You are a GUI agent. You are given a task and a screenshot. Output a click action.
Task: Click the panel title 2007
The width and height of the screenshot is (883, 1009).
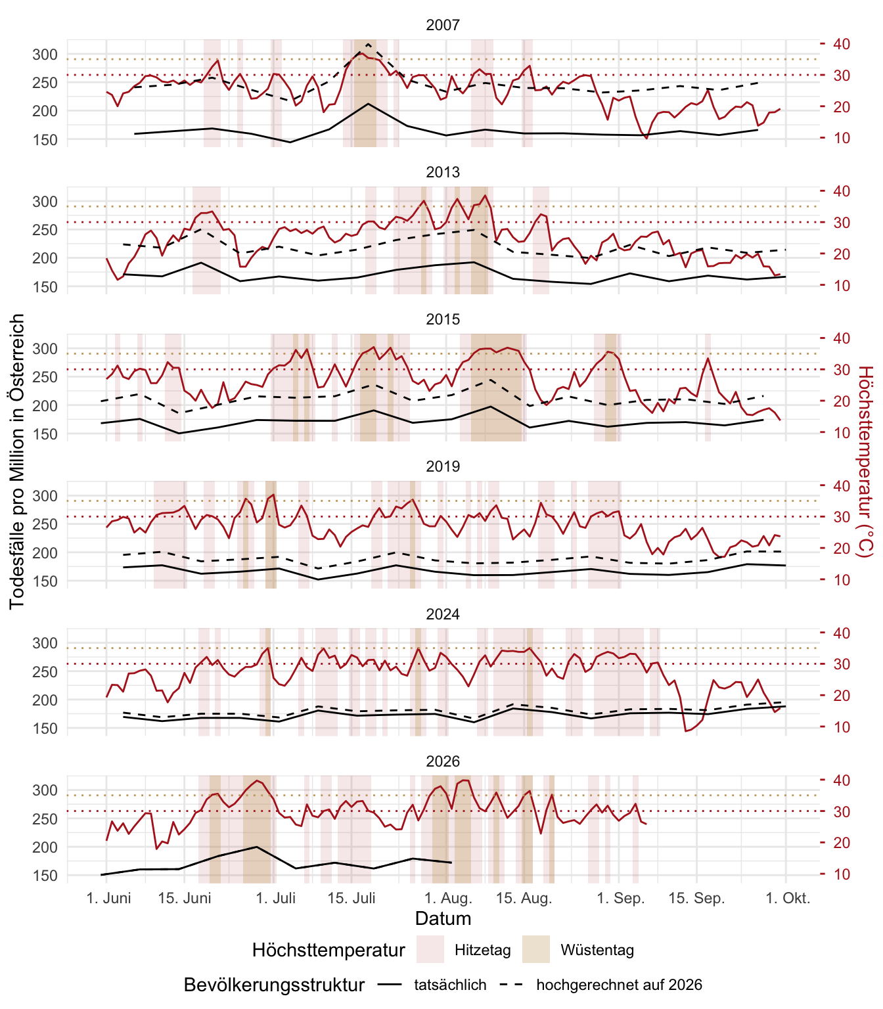[x=443, y=25]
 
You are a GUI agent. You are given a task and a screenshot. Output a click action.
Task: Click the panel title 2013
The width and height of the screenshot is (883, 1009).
[x=443, y=172]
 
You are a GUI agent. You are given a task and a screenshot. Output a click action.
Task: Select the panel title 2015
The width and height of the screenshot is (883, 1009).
[x=443, y=319]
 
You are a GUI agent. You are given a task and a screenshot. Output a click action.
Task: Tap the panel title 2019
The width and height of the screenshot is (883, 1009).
[x=443, y=466]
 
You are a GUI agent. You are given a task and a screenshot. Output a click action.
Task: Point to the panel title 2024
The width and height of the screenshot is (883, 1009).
[x=443, y=614]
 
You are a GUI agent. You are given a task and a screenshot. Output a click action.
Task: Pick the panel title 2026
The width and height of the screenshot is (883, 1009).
[x=443, y=761]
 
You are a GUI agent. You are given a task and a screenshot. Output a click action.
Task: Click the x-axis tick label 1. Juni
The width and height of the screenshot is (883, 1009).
[x=108, y=899]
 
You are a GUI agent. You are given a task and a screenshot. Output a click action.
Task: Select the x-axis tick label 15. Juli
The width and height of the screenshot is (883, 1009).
[x=351, y=899]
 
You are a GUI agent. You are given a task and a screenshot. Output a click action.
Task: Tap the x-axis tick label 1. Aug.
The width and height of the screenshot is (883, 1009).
[x=448, y=899]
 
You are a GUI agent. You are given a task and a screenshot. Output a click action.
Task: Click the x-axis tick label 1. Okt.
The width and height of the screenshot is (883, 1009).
[x=788, y=899]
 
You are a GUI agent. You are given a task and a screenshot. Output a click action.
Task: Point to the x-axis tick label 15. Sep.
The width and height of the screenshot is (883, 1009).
[x=696, y=899]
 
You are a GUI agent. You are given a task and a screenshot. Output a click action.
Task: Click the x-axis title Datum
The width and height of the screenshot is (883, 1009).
[x=443, y=918]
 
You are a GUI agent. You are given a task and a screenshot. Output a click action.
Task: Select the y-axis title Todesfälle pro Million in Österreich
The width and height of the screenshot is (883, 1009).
[x=16, y=462]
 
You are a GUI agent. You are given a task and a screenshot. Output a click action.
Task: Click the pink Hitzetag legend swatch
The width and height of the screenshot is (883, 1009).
[x=430, y=949]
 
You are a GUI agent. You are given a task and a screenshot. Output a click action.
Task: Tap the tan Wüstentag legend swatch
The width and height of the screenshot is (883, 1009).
[x=535, y=949]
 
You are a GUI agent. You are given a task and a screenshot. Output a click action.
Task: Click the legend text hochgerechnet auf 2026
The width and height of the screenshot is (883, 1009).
[x=619, y=985]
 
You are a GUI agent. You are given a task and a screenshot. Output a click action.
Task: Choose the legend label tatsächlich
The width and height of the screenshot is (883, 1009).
[x=450, y=985]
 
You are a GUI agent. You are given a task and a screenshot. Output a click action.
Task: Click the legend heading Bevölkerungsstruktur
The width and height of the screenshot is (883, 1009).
[x=274, y=985]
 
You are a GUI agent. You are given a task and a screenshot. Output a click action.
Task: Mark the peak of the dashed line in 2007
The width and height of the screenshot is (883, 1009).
[x=368, y=44]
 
